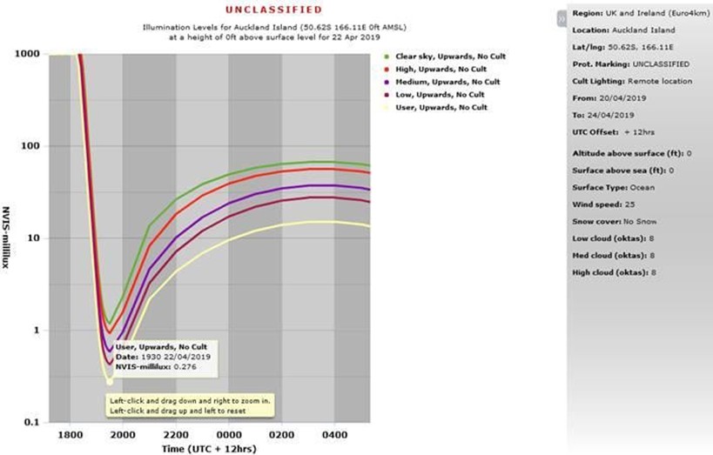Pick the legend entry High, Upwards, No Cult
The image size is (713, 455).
click(440, 69)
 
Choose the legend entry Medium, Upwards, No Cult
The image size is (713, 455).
click(445, 82)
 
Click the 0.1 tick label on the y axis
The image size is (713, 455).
click(30, 422)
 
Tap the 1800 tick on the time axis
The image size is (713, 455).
click(69, 435)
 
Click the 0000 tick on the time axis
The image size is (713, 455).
click(228, 435)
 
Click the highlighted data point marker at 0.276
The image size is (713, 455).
click(110, 381)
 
